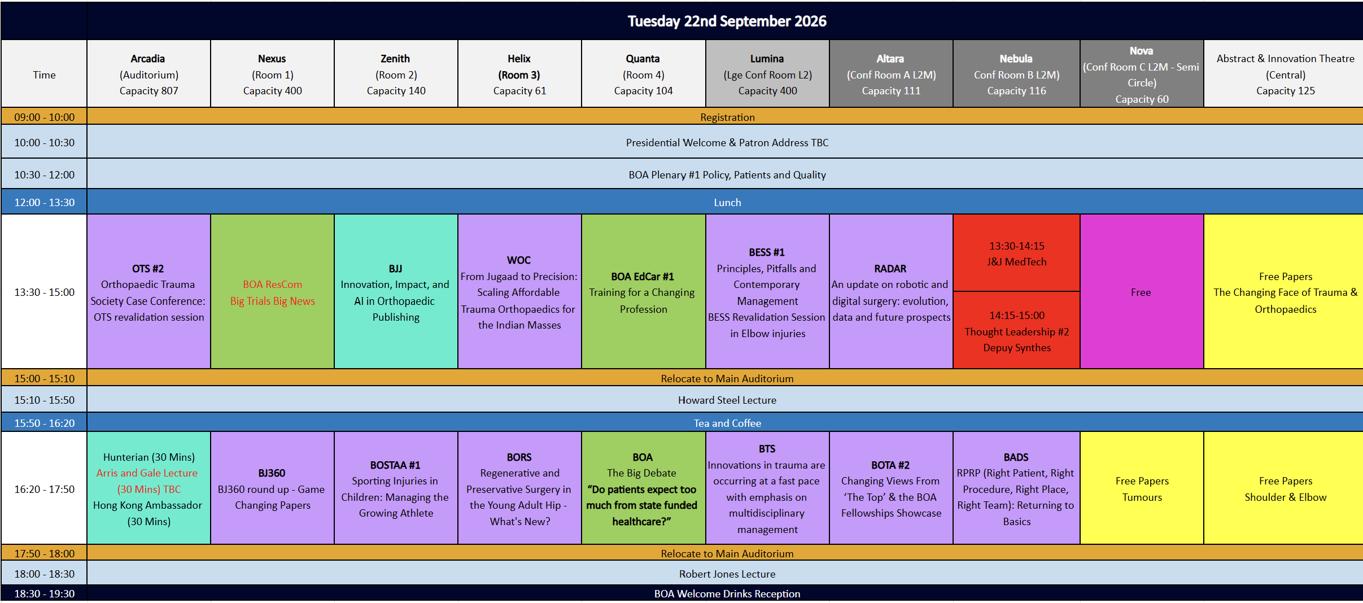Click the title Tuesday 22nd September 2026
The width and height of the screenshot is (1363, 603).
[x=727, y=21]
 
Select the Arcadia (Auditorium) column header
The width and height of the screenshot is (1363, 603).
[x=148, y=74]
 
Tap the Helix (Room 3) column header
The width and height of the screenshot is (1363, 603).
[x=519, y=74]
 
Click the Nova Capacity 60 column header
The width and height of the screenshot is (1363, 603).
[x=1141, y=74]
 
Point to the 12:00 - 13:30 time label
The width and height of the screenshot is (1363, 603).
[x=44, y=202]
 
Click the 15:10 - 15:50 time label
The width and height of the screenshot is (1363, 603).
[x=44, y=400]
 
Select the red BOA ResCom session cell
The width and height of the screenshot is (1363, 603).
[x=272, y=291]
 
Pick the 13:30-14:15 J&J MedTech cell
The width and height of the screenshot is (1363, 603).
[x=1016, y=253]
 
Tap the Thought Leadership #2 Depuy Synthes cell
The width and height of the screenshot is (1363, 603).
[x=1016, y=330]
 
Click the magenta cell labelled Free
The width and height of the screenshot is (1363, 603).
[x=1141, y=291]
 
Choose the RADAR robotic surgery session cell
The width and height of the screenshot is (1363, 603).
[x=891, y=291]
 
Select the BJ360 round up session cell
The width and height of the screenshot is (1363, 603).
[x=272, y=488]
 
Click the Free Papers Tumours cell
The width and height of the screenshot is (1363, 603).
[x=1141, y=488]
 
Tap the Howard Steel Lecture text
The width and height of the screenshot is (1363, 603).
[x=727, y=400]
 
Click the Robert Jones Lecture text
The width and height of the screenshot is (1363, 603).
[x=727, y=574]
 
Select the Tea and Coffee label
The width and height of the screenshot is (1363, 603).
[x=727, y=423]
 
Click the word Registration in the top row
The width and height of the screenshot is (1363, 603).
[x=727, y=117]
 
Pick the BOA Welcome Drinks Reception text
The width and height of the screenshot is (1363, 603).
[x=727, y=593]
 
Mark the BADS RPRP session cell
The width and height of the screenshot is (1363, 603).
[x=1016, y=488]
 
